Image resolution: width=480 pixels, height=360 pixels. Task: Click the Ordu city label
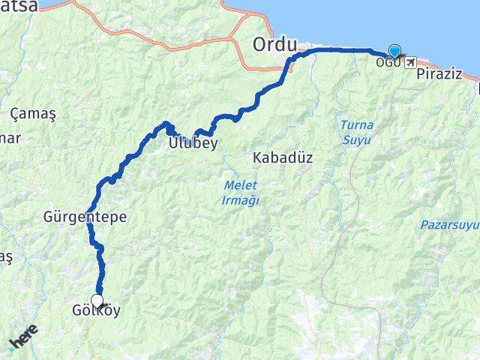(x=275, y=43)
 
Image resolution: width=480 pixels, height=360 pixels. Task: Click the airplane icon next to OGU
(x=410, y=61)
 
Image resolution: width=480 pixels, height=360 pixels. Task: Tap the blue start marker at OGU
(x=394, y=51)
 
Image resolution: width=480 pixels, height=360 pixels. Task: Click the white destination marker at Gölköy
(x=97, y=301)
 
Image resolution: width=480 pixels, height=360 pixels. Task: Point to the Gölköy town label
(x=97, y=310)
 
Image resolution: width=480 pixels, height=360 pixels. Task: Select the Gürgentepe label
(x=85, y=217)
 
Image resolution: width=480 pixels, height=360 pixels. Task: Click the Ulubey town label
(x=193, y=142)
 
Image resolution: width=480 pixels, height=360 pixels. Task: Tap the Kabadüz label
(x=282, y=158)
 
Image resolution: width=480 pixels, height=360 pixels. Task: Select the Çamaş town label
(x=28, y=113)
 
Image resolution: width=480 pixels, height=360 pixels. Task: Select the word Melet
(x=241, y=184)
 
